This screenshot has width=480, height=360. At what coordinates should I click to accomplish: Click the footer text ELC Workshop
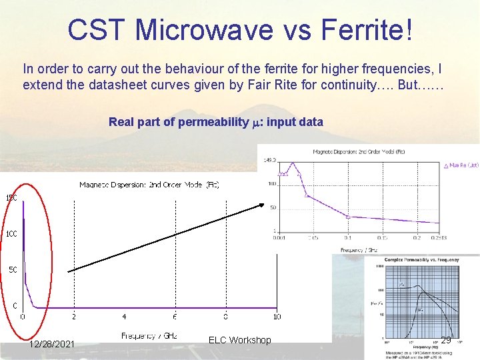click(x=239, y=340)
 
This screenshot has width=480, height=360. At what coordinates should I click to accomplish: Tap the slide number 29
click(x=446, y=340)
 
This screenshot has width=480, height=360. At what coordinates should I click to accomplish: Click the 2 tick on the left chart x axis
click(x=73, y=317)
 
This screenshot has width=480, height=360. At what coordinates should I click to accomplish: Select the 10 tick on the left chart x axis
click(x=277, y=317)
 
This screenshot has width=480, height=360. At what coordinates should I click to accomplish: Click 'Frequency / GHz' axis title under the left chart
click(x=149, y=336)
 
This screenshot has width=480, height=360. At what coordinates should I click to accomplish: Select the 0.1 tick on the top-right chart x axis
click(x=347, y=237)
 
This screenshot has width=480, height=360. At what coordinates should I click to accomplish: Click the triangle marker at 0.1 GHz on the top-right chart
click(x=347, y=217)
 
